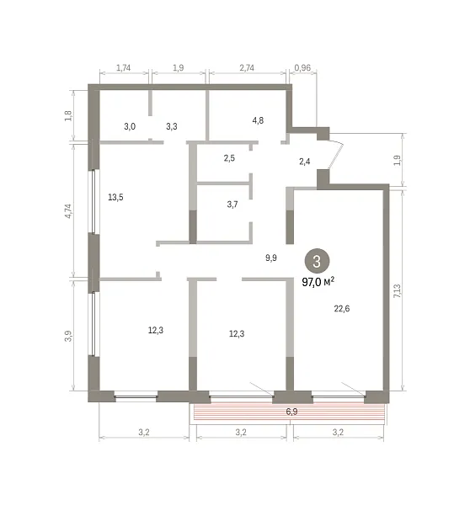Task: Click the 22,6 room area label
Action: (342, 309)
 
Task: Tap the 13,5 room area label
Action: (115, 197)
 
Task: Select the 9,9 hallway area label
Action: (270, 258)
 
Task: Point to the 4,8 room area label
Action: (258, 120)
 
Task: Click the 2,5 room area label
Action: (229, 158)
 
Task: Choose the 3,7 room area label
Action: (232, 205)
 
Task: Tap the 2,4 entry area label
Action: (305, 162)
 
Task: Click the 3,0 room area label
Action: (130, 126)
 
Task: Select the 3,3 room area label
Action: (172, 126)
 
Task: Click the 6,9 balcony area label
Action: (291, 412)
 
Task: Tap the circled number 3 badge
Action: (317, 261)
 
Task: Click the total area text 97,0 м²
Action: (318, 282)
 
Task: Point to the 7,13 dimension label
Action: (398, 291)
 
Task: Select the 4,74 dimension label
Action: (69, 211)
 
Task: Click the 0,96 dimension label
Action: (302, 67)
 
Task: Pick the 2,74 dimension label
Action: (247, 67)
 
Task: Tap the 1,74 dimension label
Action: (123, 67)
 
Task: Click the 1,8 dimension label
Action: (68, 115)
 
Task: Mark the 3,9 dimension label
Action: (68, 336)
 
